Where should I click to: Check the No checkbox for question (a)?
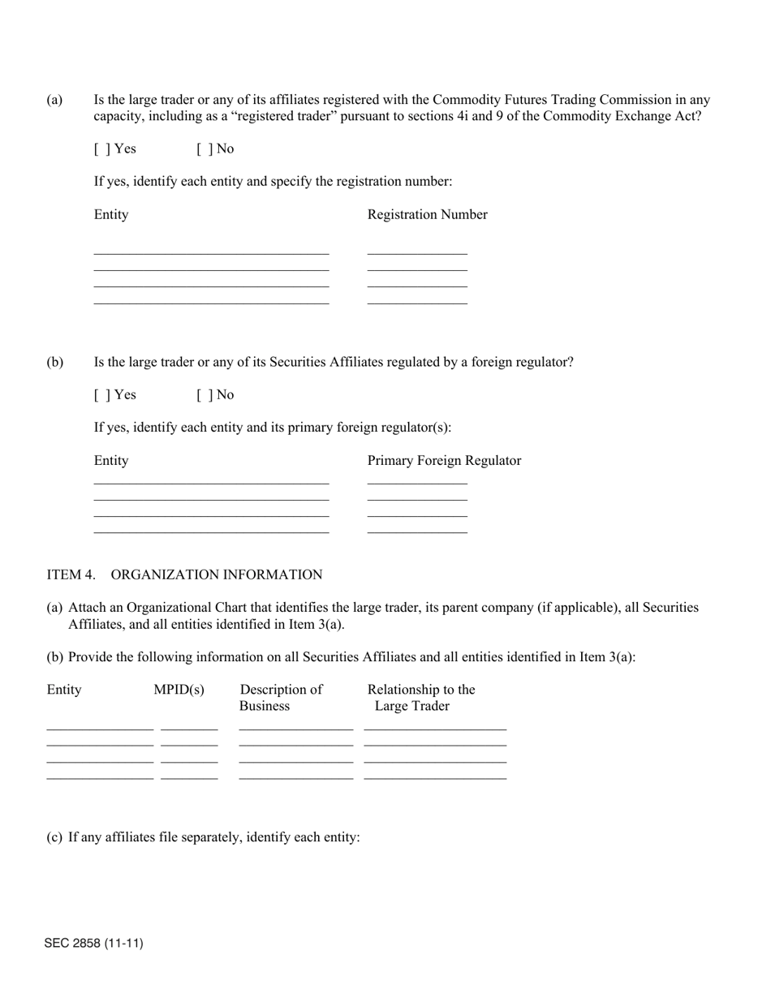click(203, 148)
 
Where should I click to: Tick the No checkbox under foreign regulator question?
click(203, 395)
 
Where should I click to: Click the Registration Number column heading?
click(427, 215)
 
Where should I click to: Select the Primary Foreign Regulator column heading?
click(444, 461)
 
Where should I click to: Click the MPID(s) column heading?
click(179, 690)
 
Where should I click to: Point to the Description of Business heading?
click(280, 698)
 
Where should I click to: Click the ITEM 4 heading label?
click(184, 574)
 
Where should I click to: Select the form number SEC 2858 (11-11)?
click(94, 943)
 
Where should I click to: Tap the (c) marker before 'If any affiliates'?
click(54, 837)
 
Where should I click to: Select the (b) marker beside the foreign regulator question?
click(54, 362)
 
